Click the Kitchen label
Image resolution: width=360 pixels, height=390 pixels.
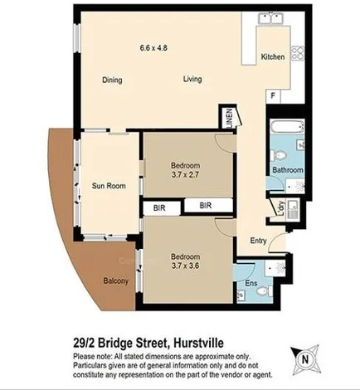pyautogui.click(x=273, y=57)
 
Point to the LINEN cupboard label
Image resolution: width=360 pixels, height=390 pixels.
pyautogui.click(x=225, y=118)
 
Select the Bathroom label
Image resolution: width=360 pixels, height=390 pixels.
pyautogui.click(x=288, y=170)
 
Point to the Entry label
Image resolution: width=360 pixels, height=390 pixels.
pyautogui.click(x=257, y=241)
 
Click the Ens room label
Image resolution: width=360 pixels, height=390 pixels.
pyautogui.click(x=252, y=284)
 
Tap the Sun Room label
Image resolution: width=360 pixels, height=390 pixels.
pyautogui.click(x=109, y=186)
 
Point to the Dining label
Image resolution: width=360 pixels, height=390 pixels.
pyautogui.click(x=113, y=80)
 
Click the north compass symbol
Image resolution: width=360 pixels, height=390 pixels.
pyautogui.click(x=305, y=359)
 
